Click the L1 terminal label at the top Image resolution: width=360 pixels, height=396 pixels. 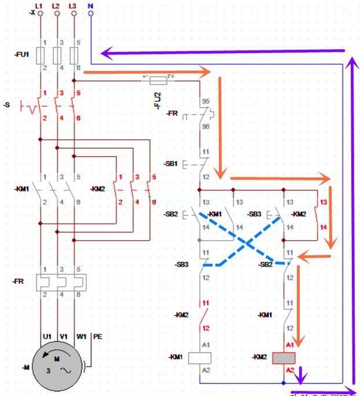[39, 5]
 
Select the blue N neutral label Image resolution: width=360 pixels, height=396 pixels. [90, 5]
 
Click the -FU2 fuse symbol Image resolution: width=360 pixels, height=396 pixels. [155, 78]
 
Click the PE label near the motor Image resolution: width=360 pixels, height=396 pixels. [97, 336]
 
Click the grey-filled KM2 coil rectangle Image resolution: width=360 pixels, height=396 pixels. [284, 357]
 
